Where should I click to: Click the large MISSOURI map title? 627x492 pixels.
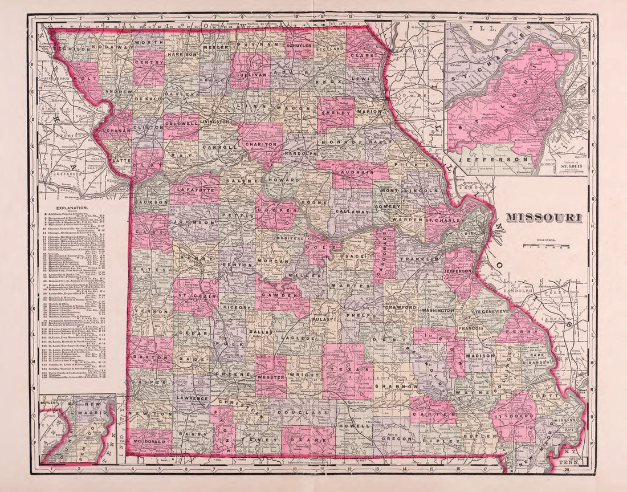tap(544, 217)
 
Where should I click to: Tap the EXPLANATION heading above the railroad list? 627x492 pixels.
tap(67, 209)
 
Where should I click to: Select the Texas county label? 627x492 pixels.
tap(348, 370)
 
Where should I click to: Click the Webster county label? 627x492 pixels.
tap(271, 377)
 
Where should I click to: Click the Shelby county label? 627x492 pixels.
tap(336, 112)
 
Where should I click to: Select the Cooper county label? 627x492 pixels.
tap(277, 210)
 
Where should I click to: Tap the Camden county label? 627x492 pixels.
tap(282, 296)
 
